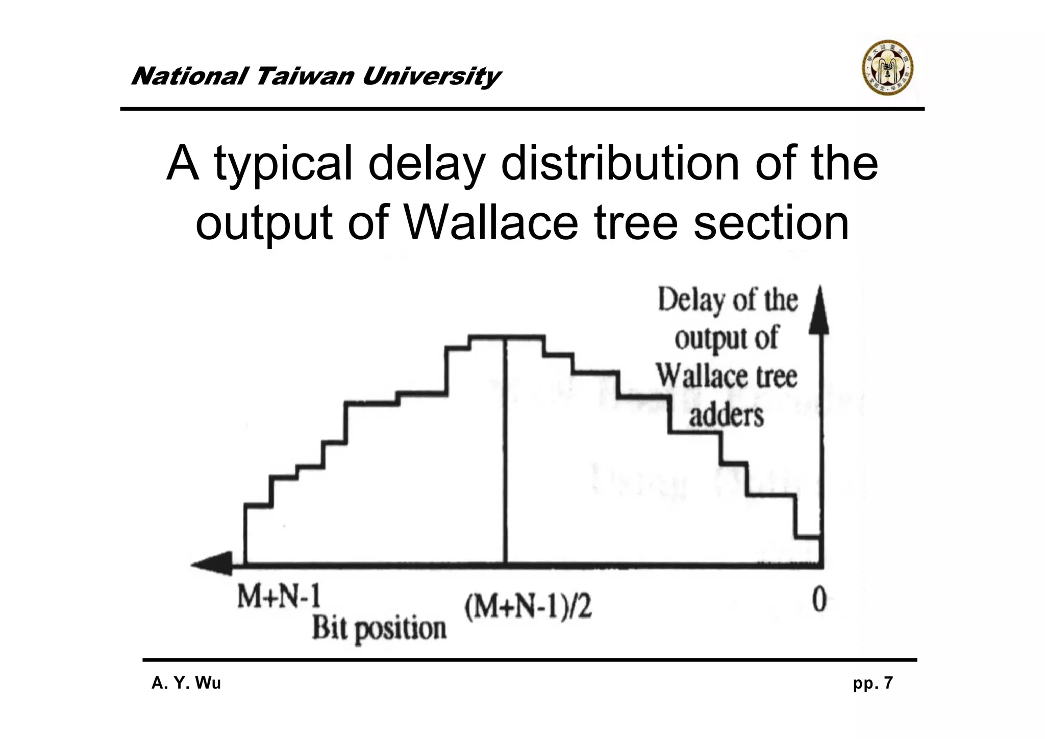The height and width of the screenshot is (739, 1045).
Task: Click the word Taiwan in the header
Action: (x=305, y=77)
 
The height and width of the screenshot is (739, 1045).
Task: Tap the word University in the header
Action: (x=431, y=77)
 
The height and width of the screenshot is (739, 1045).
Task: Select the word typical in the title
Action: (x=283, y=164)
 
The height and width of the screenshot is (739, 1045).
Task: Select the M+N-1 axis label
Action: (x=278, y=597)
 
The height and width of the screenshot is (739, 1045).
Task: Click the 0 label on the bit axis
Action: (x=818, y=599)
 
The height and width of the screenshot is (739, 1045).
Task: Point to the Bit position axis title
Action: (x=379, y=629)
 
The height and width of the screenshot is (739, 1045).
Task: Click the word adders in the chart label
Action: (x=726, y=416)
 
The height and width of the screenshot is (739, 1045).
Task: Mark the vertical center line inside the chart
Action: (x=505, y=449)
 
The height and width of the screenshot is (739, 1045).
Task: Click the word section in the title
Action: (x=771, y=223)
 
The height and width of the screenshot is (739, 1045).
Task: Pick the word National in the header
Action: (x=189, y=77)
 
